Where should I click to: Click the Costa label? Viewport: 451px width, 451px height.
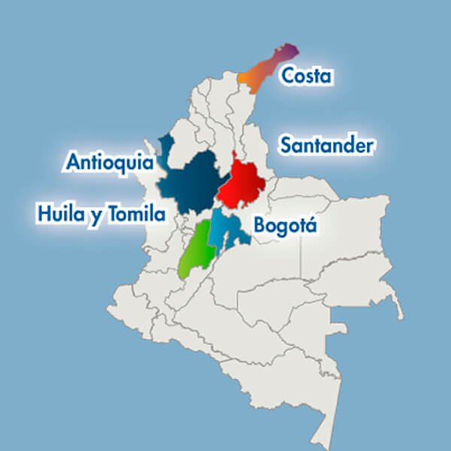click(306, 76)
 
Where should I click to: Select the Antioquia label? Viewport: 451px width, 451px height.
click(110, 162)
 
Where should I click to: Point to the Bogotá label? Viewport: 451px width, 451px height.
click(286, 225)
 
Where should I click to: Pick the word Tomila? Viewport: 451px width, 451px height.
click(136, 214)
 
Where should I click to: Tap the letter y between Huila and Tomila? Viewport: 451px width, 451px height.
click(95, 216)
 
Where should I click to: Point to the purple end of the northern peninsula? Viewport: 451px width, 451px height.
click(289, 51)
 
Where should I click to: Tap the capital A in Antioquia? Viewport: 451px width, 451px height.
click(74, 162)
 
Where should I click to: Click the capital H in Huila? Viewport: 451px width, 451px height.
click(45, 214)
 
